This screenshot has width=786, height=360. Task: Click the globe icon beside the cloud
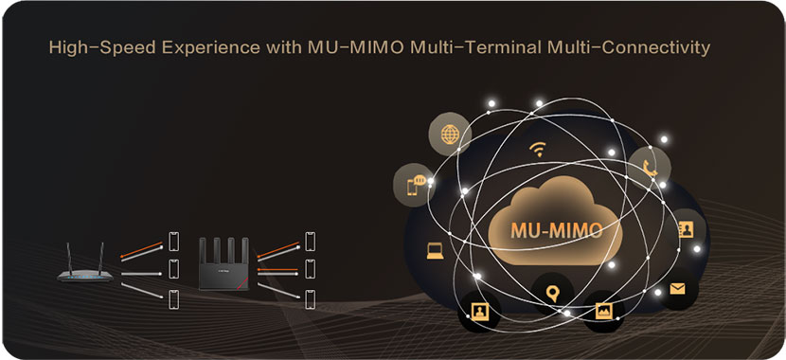tap(450, 135)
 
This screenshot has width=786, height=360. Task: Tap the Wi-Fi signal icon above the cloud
tap(538, 149)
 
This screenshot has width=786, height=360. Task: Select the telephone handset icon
tap(651, 168)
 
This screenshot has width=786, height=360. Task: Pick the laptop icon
tap(435, 251)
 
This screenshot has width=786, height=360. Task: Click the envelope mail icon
tap(677, 289)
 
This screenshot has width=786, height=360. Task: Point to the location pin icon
tap(552, 294)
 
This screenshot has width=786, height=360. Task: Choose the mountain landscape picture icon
tap(604, 311)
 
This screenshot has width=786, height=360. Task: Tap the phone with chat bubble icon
tap(416, 186)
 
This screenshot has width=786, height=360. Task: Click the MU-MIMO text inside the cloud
tap(557, 230)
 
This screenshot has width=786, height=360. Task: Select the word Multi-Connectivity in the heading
tap(629, 48)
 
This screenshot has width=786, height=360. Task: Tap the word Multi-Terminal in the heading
tap(476, 48)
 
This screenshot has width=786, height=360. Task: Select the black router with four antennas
tap(223, 263)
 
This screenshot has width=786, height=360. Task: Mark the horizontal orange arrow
tap(277, 270)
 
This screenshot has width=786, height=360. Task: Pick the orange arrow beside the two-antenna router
tap(141, 250)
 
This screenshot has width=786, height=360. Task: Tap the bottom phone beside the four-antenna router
tap(311, 299)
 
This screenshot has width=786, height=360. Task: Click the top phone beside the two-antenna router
tap(173, 242)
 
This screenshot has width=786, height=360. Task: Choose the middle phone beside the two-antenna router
tap(173, 269)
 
